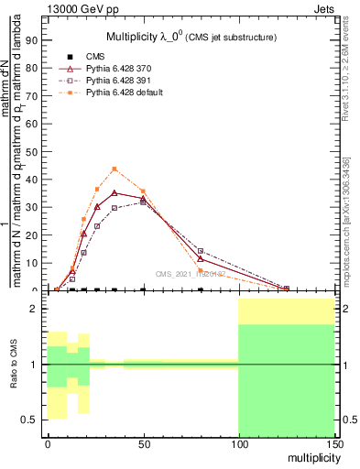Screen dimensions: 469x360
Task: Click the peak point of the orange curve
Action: (114, 169)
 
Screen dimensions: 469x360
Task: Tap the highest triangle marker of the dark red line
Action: (114, 192)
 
